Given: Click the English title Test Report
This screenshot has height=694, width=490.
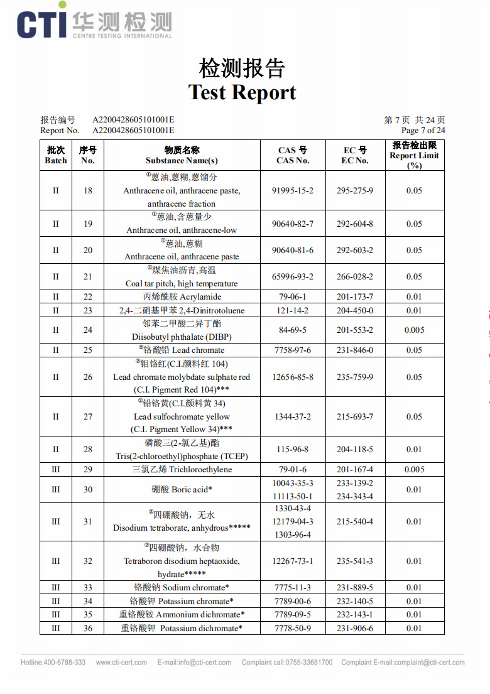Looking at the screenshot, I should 242,92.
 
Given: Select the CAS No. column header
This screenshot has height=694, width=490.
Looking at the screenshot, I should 293,155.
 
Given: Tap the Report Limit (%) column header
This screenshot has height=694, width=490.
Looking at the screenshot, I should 414,155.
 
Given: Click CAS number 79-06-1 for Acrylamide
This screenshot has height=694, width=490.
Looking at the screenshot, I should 293,296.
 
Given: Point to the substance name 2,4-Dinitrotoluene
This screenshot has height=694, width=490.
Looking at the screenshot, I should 182,310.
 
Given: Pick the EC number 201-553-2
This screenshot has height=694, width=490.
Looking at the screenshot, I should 354,330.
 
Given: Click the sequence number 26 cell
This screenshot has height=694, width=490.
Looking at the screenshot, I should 88,377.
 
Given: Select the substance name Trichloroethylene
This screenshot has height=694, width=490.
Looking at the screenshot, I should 182,469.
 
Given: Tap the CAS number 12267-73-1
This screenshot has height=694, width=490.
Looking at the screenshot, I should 293,561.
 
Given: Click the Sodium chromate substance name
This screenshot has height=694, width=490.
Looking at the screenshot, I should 182,587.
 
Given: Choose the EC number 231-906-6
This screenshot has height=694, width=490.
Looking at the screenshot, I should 354,628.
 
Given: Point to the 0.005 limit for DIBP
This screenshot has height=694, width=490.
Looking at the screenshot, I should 414,330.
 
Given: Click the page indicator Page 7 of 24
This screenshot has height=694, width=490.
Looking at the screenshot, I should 423,130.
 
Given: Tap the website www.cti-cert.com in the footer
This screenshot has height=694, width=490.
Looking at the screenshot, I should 121,662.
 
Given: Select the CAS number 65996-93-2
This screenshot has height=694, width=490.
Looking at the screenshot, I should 293,276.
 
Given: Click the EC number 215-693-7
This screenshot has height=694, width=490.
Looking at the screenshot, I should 354,416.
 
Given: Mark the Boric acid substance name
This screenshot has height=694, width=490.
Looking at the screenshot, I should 182,489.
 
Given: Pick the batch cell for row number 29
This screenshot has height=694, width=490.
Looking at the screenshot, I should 56,469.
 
